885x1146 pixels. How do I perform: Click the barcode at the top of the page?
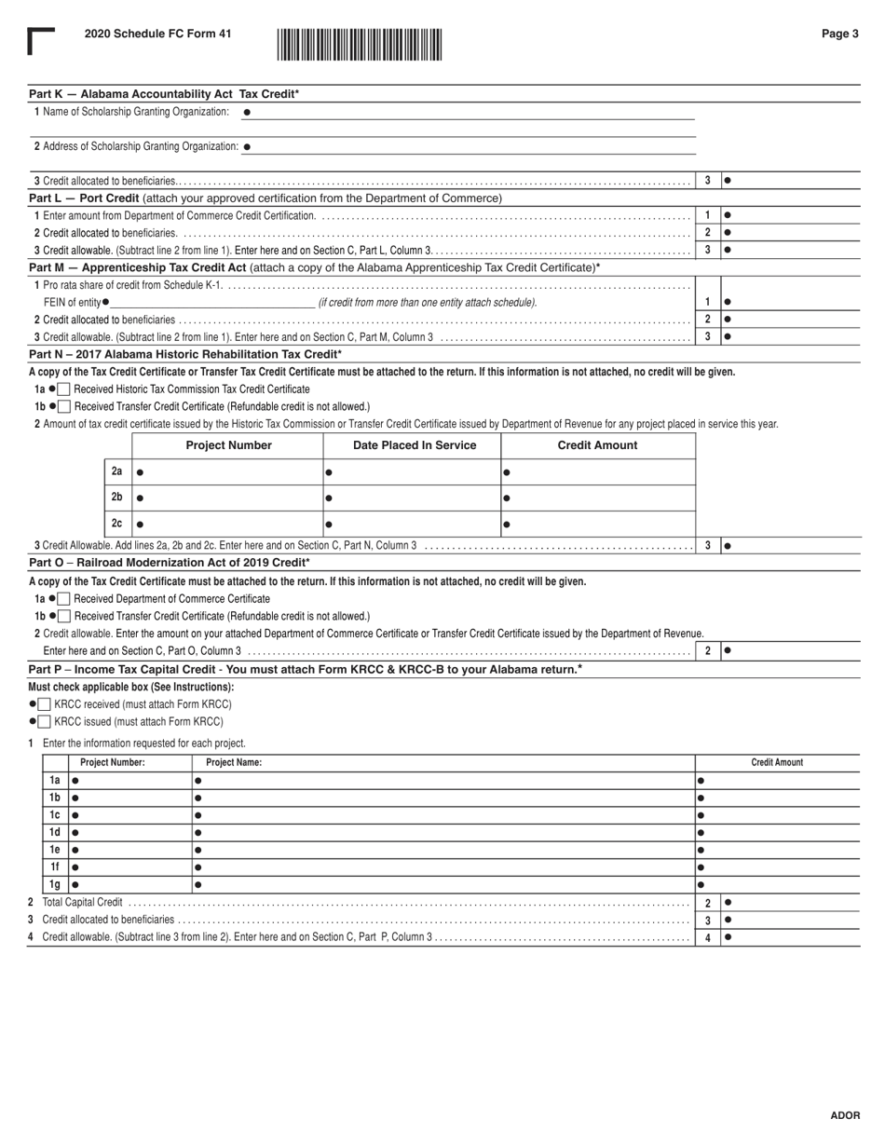pos(359,45)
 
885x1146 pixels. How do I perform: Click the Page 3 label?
pos(839,34)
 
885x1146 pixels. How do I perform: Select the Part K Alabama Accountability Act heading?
pos(164,94)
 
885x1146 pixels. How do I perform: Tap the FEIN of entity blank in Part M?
pos(212,302)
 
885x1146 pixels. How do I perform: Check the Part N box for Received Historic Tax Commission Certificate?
pos(64,389)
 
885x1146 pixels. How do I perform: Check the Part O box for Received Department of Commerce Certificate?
pos(64,598)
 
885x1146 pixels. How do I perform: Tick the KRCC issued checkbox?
pos(45,721)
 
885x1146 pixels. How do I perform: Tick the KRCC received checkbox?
pos(45,704)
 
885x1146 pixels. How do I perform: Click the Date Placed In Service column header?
pos(414,445)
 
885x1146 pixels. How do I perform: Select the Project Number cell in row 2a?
pos(228,472)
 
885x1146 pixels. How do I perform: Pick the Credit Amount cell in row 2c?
pos(598,525)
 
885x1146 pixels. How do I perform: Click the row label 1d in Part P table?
pos(55,832)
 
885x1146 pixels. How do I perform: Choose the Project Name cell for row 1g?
pos(442,884)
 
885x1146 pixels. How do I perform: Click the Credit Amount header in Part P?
pos(777,762)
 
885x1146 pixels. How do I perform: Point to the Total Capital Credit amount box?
pos(790,902)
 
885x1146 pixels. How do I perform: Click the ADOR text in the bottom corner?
pos(844,1115)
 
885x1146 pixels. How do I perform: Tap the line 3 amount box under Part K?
pos(790,181)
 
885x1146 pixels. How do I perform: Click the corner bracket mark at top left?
pos(40,41)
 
